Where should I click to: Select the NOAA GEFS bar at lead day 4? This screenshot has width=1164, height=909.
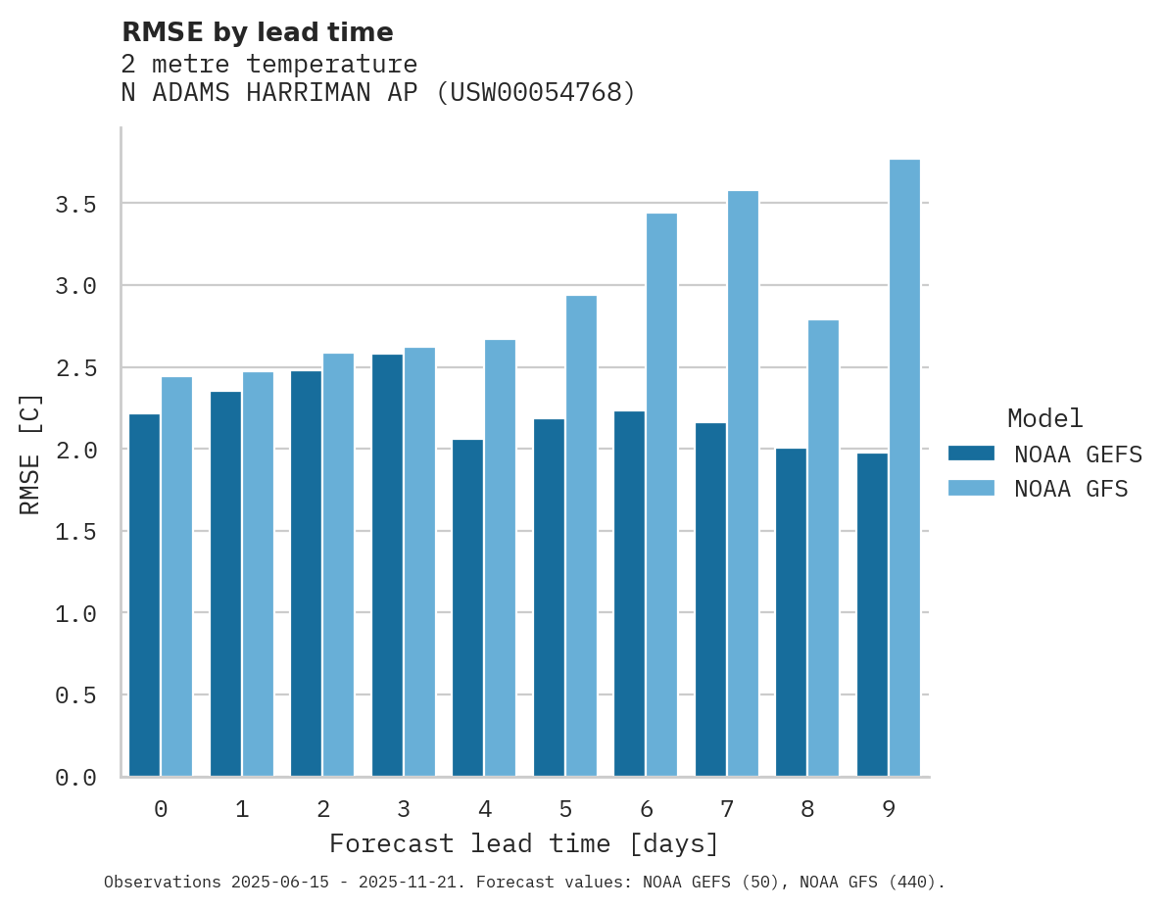(467, 607)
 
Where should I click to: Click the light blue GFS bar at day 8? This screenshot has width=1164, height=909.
(823, 549)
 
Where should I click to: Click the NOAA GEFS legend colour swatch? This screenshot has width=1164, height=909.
(971, 454)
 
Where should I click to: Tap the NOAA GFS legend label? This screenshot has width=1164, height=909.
(1071, 489)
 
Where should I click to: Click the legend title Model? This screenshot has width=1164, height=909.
(1044, 418)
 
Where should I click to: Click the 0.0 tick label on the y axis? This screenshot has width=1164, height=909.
(75, 778)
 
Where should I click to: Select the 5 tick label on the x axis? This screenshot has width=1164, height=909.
(565, 809)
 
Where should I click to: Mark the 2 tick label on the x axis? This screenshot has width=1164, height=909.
(322, 809)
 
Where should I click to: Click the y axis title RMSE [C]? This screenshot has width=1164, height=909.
(30, 454)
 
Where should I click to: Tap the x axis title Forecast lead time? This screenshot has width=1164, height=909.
(524, 844)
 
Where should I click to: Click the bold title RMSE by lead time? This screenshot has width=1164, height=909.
(257, 32)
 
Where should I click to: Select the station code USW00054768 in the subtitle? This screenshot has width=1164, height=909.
(535, 93)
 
